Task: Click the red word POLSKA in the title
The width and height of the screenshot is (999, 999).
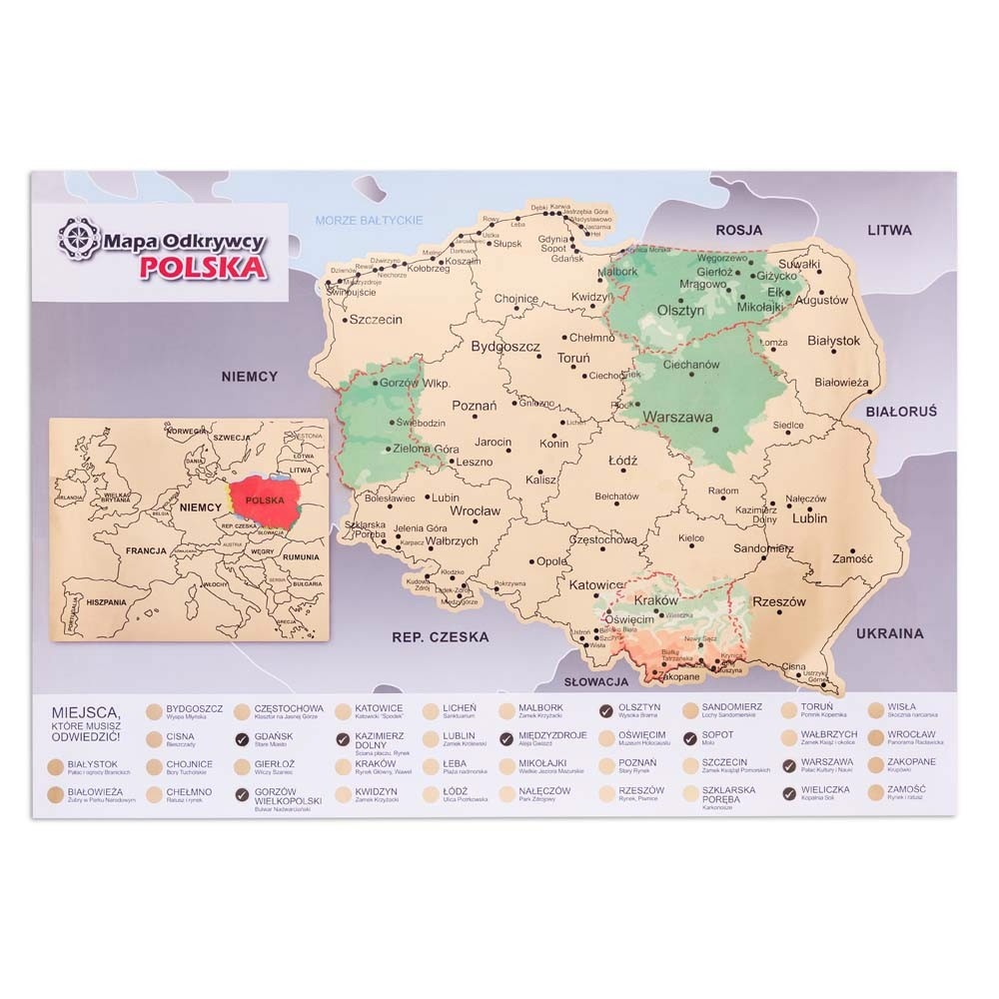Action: click(203, 267)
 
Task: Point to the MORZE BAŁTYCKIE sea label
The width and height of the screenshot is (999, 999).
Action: click(369, 221)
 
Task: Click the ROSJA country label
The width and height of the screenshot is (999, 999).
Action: click(738, 231)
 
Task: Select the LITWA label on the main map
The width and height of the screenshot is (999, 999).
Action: click(889, 230)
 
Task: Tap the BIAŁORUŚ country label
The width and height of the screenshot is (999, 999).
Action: click(901, 411)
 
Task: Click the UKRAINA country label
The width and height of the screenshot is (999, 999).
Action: click(889, 633)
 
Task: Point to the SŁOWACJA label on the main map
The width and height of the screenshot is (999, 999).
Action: click(595, 681)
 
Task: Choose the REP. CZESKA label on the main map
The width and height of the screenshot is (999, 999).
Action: click(440, 636)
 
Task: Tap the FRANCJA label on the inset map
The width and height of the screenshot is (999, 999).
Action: click(146, 551)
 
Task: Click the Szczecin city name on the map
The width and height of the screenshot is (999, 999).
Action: click(375, 320)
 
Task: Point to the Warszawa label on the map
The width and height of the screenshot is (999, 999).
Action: click(677, 417)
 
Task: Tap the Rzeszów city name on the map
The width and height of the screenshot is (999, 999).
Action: click(778, 602)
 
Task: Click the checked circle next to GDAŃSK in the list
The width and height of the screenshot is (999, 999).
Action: click(241, 740)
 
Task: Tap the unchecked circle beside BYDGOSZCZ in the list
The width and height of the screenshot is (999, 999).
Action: click(154, 712)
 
